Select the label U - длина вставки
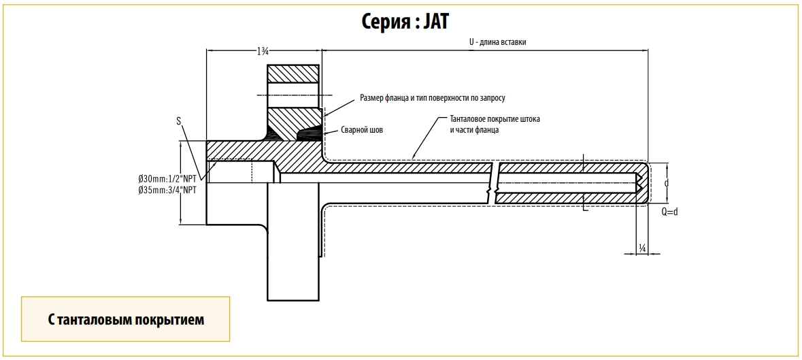pyautogui.click(x=497, y=42)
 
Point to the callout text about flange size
pyautogui.click(x=432, y=99)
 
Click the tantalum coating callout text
pyautogui.click(x=495, y=125)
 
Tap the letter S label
pyautogui.click(x=178, y=121)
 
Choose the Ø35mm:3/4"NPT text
pyautogui.click(x=167, y=191)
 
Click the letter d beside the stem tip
pyautogui.click(x=667, y=184)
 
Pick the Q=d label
pyautogui.click(x=670, y=212)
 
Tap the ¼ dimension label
pyautogui.click(x=642, y=250)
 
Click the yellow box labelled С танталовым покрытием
pyautogui.click(x=126, y=319)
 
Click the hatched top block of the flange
pyautogui.click(x=293, y=73)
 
